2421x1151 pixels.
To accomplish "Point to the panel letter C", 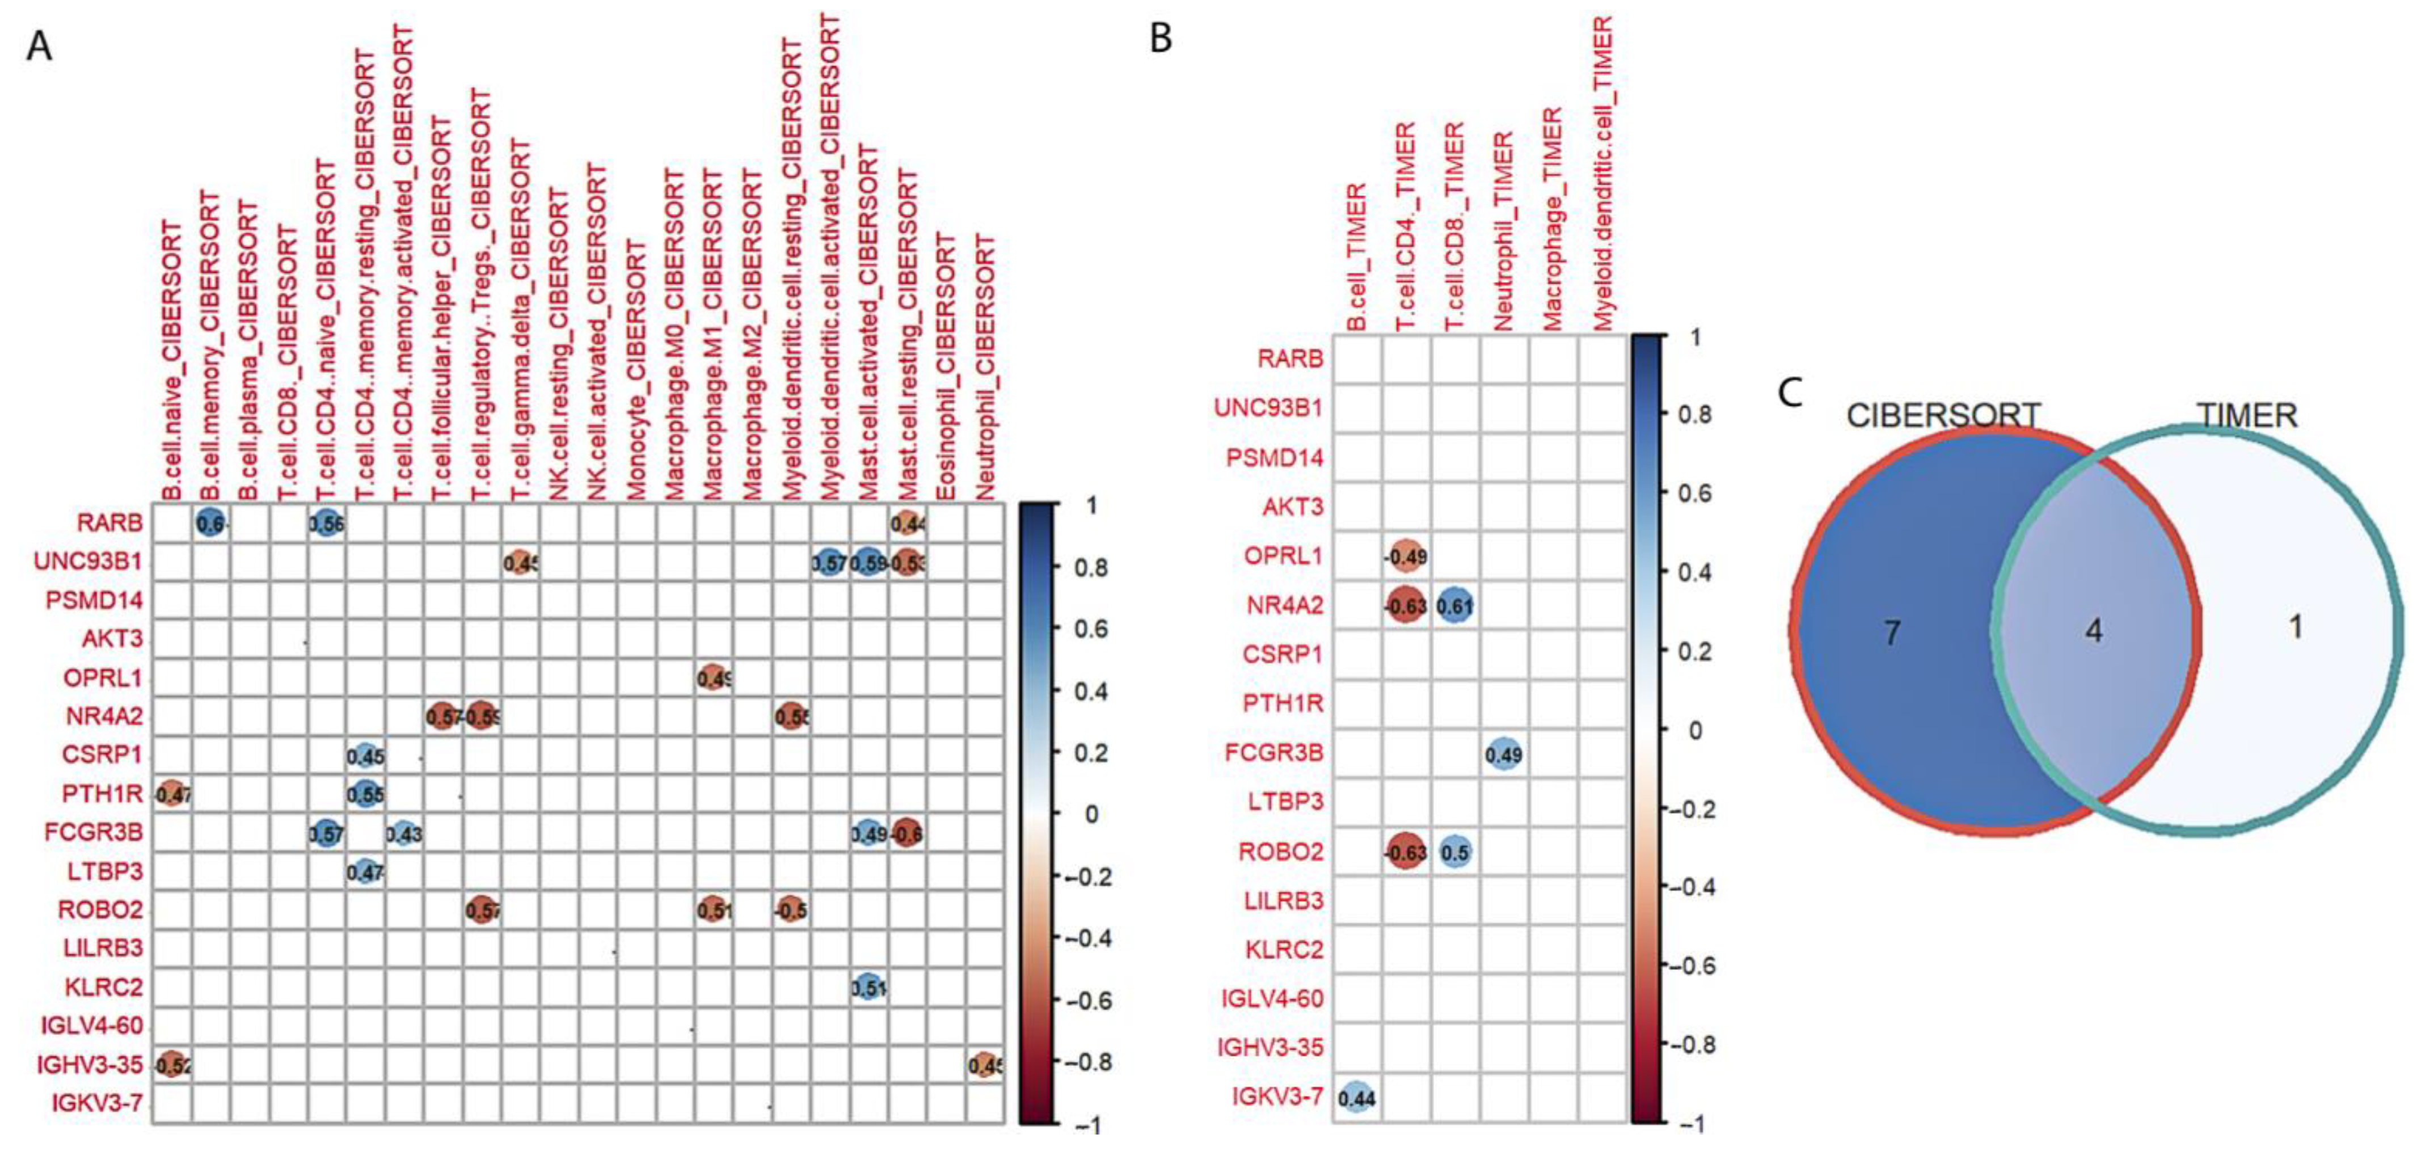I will pos(1790,393).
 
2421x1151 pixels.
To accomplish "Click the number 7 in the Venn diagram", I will pos(1892,633).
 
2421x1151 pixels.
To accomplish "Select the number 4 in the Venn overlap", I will pos(2094,630).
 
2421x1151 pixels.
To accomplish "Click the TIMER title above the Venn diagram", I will pos(2246,414).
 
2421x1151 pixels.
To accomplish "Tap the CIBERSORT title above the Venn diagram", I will pos(1943,414).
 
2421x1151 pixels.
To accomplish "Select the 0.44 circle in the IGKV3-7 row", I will pos(1356,1098).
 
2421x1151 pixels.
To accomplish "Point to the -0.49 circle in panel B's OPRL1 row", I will pos(1406,556).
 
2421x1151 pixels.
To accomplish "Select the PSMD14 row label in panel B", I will pos(1275,458).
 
